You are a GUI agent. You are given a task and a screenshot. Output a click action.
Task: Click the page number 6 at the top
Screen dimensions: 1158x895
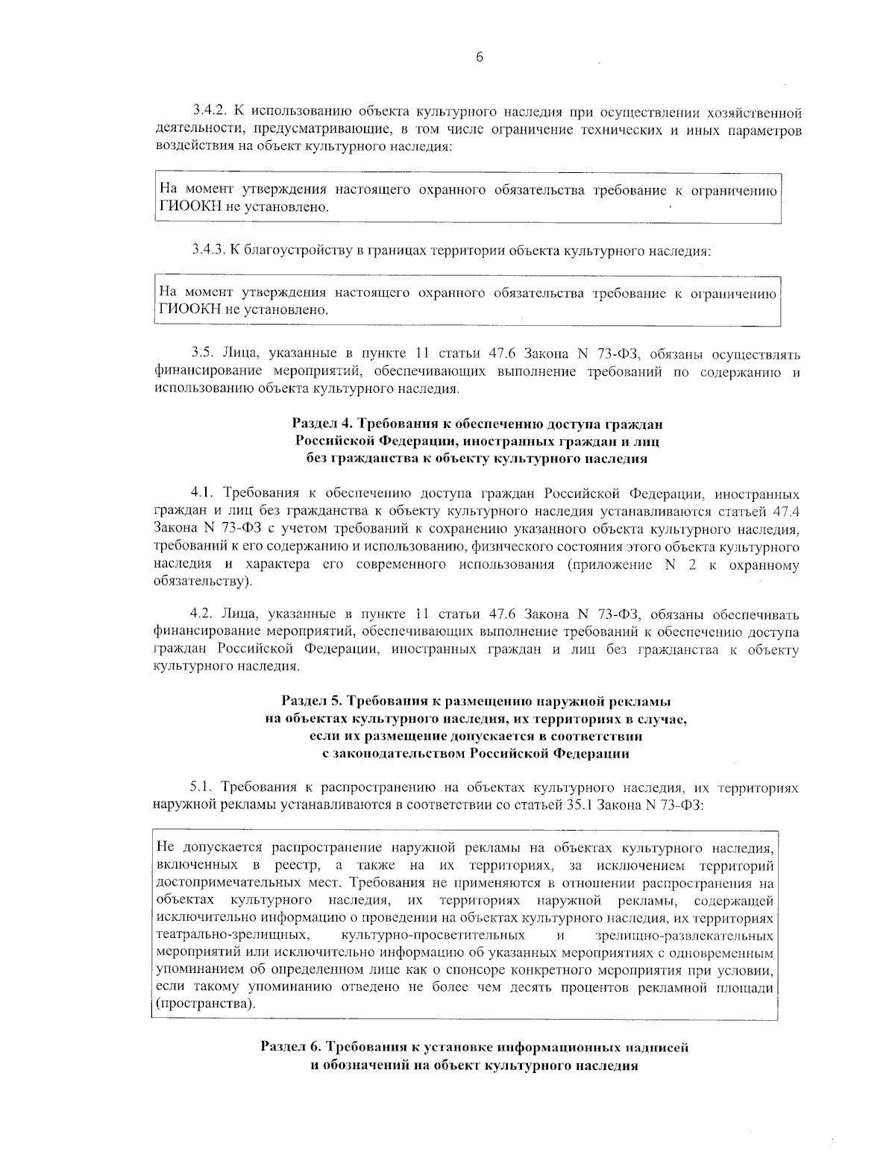point(479,57)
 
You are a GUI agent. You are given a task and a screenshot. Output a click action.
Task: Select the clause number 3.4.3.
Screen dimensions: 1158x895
point(208,251)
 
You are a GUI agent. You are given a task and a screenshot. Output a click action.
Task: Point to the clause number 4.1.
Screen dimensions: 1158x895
point(203,494)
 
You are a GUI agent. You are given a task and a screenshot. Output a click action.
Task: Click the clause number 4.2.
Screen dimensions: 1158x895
point(203,614)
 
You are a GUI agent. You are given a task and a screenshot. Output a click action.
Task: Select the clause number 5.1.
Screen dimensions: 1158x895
point(203,787)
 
